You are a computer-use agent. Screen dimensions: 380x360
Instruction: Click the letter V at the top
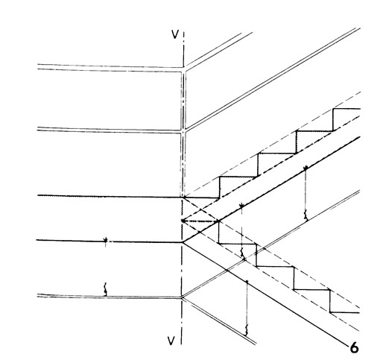click(x=175, y=34)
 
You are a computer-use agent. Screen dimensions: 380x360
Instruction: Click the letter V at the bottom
click(x=171, y=341)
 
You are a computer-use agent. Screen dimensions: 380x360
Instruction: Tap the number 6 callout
click(x=355, y=347)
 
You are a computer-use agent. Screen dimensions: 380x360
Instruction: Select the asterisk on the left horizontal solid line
click(x=106, y=240)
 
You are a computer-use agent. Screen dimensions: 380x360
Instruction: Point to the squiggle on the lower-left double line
click(x=105, y=289)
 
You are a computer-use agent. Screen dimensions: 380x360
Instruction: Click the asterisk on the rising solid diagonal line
click(x=241, y=205)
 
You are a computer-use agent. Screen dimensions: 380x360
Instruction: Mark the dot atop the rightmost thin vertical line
click(x=305, y=168)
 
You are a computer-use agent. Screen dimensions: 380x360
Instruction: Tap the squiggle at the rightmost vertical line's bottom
click(x=306, y=215)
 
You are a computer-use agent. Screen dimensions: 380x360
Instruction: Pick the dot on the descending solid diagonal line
click(x=247, y=281)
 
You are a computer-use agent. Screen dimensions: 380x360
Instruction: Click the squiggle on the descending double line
click(x=247, y=330)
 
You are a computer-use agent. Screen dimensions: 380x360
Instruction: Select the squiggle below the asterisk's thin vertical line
click(x=242, y=253)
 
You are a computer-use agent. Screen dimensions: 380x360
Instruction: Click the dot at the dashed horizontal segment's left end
click(x=183, y=221)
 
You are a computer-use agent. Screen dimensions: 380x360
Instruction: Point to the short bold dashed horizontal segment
click(x=200, y=221)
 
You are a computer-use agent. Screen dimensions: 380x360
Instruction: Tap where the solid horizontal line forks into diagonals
click(x=183, y=242)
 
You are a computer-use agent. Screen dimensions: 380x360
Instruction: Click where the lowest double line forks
click(x=183, y=297)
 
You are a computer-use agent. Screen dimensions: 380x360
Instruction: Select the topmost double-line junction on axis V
click(x=183, y=69)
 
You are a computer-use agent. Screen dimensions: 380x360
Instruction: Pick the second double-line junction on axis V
click(x=183, y=131)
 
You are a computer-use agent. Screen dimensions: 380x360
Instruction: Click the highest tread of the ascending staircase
click(x=346, y=109)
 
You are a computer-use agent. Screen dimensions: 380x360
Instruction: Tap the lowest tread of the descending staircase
click(x=345, y=312)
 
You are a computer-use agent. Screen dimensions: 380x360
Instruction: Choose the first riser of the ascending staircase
click(x=219, y=187)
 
